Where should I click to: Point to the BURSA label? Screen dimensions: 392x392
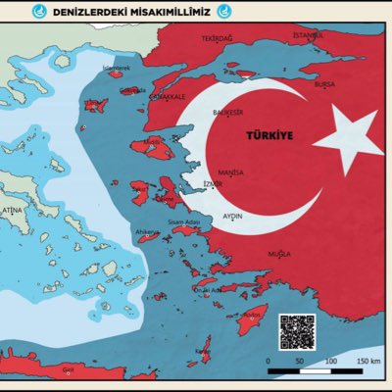point(325,84)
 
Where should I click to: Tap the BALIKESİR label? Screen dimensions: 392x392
point(228,113)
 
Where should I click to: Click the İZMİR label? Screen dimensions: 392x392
point(211,183)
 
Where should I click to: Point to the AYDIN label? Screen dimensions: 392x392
point(232,214)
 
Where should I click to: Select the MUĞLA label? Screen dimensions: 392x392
point(279,253)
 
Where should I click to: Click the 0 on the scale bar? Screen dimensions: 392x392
point(268,361)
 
